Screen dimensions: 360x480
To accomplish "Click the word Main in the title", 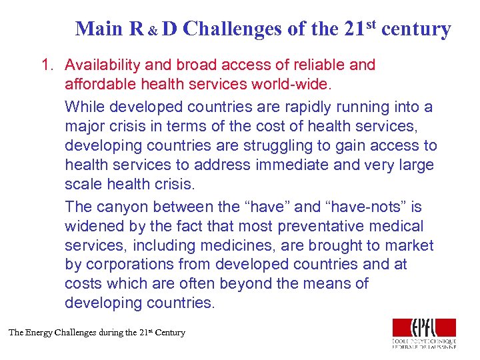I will click(x=99, y=29).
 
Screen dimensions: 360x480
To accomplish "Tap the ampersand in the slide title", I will click(x=153, y=31).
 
